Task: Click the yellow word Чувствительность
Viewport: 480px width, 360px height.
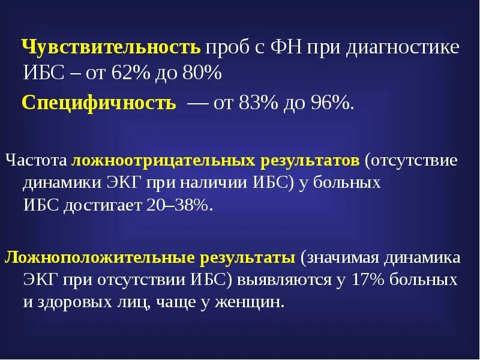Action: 111,47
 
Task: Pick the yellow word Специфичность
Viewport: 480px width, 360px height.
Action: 99,103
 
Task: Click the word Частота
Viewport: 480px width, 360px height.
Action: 36,161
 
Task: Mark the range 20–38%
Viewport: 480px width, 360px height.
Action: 179,205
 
